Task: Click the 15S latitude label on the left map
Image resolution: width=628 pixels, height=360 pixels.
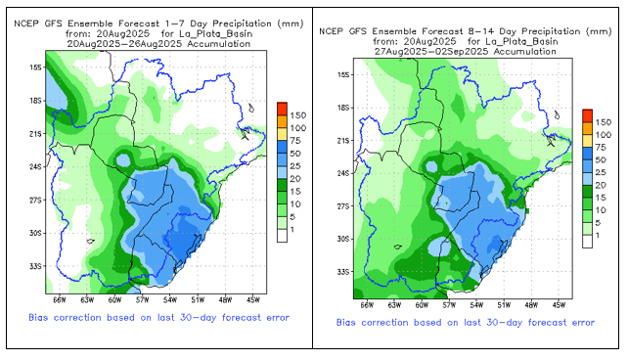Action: click(x=35, y=67)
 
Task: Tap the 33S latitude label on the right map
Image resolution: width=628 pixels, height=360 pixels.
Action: click(x=342, y=272)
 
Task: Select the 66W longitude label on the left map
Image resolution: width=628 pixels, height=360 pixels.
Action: click(x=59, y=300)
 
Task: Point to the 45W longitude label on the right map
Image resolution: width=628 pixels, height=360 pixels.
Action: click(x=559, y=305)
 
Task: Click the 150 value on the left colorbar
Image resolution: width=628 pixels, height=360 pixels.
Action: click(x=298, y=115)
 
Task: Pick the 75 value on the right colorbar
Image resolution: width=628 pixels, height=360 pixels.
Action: click(x=601, y=148)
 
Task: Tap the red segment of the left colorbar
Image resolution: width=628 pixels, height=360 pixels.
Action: click(x=282, y=109)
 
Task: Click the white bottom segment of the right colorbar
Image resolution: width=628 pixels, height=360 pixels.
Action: click(x=588, y=242)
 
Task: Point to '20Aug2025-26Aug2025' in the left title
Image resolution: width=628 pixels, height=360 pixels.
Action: click(x=124, y=44)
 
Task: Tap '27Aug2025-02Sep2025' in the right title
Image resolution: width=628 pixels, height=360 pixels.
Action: click(x=431, y=51)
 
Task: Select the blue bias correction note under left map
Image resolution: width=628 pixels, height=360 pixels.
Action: click(x=158, y=318)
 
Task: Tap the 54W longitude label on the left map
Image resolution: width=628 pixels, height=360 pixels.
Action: click(x=170, y=300)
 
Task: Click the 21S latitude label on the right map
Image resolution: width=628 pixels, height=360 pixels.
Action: click(x=342, y=141)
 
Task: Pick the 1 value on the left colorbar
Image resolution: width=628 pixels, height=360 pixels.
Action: click(x=292, y=230)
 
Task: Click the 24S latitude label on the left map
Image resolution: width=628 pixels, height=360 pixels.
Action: click(x=35, y=166)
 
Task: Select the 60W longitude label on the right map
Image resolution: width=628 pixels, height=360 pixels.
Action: click(x=422, y=305)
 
